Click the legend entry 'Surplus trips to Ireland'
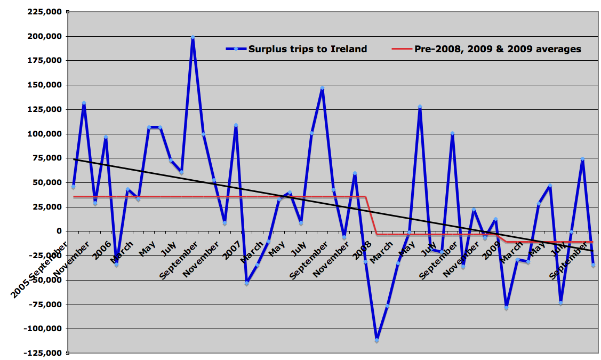(308, 49)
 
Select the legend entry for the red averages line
(498, 49)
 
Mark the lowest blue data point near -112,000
(376, 340)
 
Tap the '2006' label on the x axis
(102, 251)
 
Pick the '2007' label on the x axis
(232, 251)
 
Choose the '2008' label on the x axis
(362, 251)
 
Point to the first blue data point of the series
(73, 187)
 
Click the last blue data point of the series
(593, 265)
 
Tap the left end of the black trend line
(74, 159)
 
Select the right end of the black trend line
(593, 251)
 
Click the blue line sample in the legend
(235, 49)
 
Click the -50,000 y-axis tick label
(45, 280)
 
